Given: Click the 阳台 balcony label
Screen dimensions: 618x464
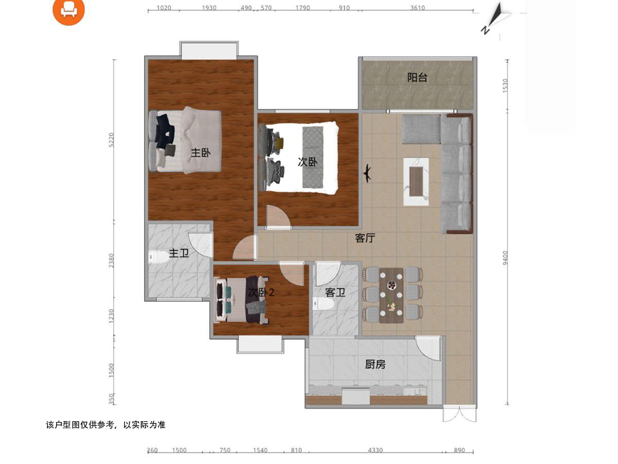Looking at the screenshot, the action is point(417,77).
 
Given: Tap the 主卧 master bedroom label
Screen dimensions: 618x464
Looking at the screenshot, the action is point(200,153).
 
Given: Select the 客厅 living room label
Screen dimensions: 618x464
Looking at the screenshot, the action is point(365,238).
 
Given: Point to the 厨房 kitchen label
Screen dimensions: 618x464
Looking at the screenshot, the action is point(375,364).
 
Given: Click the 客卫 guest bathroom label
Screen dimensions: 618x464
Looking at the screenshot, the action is point(335,292).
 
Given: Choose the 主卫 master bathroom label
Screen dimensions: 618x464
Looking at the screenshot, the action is point(179,253).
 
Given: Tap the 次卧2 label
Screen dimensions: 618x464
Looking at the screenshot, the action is point(261,292).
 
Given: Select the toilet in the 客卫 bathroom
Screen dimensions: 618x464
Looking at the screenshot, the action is point(323,304).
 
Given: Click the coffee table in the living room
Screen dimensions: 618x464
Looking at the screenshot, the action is point(416,181).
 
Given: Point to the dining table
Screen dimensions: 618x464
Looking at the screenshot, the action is point(391,295).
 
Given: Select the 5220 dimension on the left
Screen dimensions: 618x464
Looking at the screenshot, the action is point(112,140).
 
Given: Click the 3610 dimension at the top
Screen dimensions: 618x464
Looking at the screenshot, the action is point(417,8).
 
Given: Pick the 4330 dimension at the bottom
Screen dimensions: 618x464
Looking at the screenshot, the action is point(375,450).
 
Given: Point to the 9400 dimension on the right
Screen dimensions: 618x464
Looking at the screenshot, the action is point(505,258).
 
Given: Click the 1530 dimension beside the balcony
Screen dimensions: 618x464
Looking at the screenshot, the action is point(505,86).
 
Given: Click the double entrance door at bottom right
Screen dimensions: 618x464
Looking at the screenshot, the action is point(459,413).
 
